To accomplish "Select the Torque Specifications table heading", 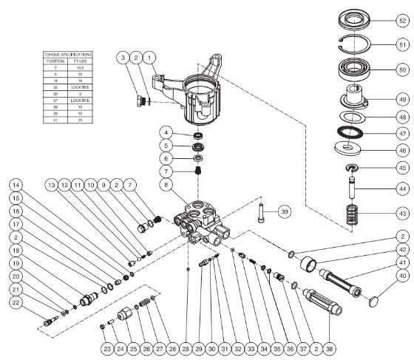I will tap(67, 55).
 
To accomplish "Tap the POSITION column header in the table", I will tap(55, 61).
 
